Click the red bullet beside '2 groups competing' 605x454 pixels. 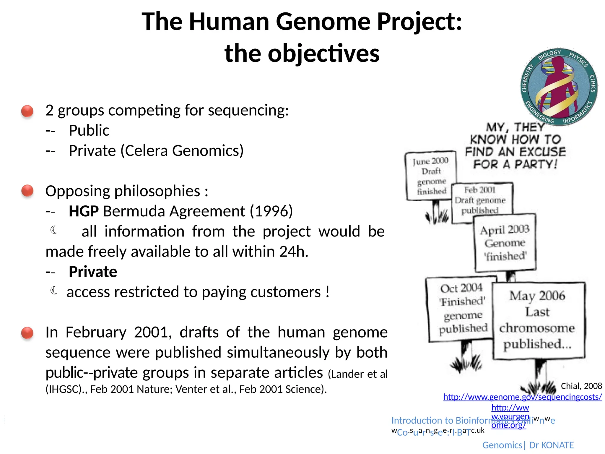(x=27, y=111)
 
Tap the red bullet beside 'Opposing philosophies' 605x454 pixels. (x=27, y=191)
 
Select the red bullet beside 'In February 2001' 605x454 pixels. (x=27, y=333)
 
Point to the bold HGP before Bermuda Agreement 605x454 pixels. (x=84, y=211)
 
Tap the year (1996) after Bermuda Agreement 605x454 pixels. (x=271, y=211)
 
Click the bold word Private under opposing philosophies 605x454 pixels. (x=93, y=272)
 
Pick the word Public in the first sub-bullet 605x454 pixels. (x=89, y=130)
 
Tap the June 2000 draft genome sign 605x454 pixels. (x=431, y=176)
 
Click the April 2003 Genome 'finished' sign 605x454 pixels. (x=505, y=243)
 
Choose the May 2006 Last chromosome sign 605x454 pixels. (x=538, y=320)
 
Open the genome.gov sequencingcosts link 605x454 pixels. (x=522, y=397)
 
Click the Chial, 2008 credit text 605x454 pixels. (x=581, y=386)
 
